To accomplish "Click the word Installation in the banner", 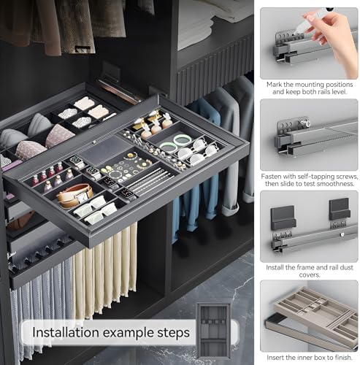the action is pyautogui.click(x=66, y=332).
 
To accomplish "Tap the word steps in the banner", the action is pyautogui.click(x=173, y=333).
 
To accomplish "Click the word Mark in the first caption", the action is pyautogui.click(x=275, y=85).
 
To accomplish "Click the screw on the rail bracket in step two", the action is pyautogui.click(x=307, y=123).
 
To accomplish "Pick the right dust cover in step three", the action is pyautogui.click(x=340, y=210).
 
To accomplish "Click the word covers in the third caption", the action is pyautogui.click(x=309, y=275).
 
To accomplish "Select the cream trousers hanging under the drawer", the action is pyautogui.click(x=105, y=271).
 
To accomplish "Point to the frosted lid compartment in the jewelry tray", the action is pyautogui.click(x=105, y=149).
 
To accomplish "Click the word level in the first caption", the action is pyautogui.click(x=338, y=92).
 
